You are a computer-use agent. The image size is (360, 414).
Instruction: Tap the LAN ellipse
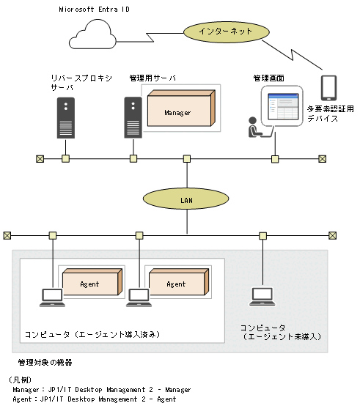[186, 199]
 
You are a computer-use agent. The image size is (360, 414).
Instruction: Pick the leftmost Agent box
[90, 281]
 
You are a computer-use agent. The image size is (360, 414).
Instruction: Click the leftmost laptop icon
[52, 297]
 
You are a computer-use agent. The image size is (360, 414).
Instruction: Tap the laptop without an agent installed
[262, 297]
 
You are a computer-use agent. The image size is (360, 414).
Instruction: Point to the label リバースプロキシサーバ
[73, 81]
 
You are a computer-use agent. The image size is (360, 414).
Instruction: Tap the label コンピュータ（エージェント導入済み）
[93, 333]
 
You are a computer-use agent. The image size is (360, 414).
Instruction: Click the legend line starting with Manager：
[101, 390]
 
